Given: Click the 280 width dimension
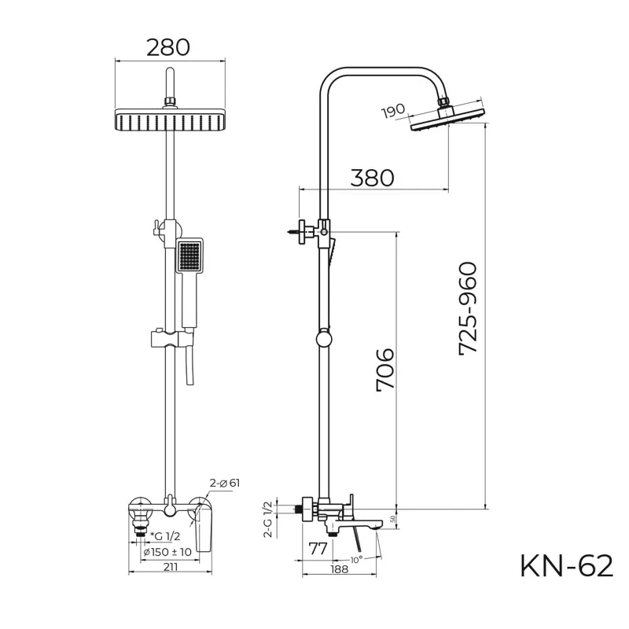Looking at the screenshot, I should coord(168,47).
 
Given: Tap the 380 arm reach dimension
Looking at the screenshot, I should coord(372,178).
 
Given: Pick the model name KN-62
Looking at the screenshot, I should coord(566,565).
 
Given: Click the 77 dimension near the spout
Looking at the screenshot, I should coord(318,549).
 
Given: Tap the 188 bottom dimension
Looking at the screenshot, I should coord(340,569).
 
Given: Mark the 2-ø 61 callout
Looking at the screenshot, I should coord(224,483).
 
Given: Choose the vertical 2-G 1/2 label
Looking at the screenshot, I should coord(267,519).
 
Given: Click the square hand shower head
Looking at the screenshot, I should coord(189,256).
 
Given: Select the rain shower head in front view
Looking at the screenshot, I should coord(168,120).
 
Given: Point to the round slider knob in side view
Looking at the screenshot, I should coord(322,340).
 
